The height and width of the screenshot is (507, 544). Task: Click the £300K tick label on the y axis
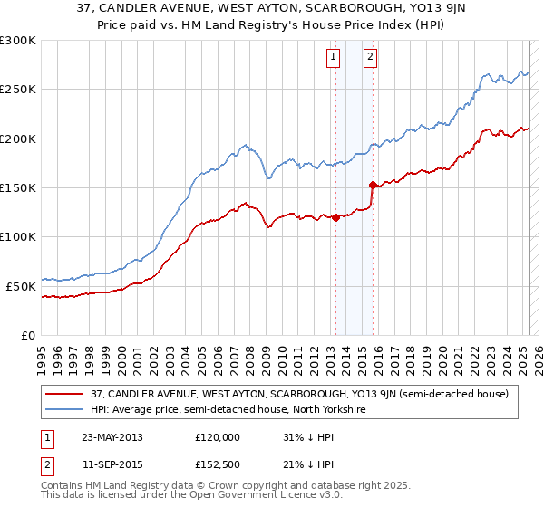tap(18, 41)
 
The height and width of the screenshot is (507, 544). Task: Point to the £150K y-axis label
tap(18, 187)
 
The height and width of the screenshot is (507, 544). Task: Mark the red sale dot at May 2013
tap(335, 217)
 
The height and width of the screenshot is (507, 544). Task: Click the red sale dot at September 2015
tap(373, 185)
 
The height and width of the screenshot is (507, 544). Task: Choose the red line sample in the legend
tap(64, 394)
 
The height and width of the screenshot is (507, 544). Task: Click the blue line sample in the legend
tap(64, 409)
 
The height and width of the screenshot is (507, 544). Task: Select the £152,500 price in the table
tap(218, 464)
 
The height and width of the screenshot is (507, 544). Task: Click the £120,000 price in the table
tap(218, 437)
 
